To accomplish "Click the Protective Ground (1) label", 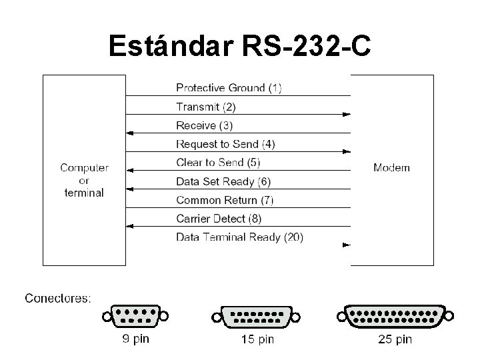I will (x=229, y=88).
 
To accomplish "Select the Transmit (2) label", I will (x=206, y=107).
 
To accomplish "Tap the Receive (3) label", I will (x=205, y=125).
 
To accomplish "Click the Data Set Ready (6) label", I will (x=223, y=181).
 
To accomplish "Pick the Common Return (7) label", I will (x=225, y=200).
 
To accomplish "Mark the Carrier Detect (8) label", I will (x=219, y=219).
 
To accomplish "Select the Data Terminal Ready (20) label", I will (x=239, y=237).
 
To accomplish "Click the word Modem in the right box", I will (x=391, y=167).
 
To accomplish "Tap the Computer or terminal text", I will (x=84, y=180).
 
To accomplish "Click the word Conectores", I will (x=58, y=298).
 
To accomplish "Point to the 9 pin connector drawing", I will (x=135, y=315).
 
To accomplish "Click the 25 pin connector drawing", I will (x=395, y=316).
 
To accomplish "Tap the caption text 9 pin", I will (x=136, y=339).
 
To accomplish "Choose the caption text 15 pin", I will (x=257, y=340).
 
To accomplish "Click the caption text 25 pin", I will (x=395, y=340).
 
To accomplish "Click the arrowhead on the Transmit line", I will (x=346, y=115).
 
